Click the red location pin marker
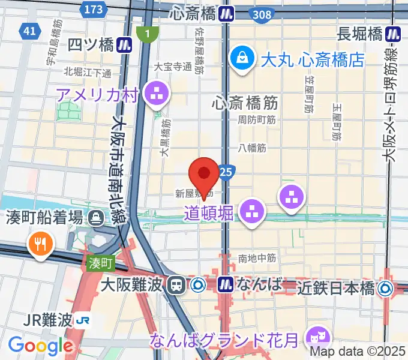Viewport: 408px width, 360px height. (203, 176)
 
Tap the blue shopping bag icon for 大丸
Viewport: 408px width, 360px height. (243, 59)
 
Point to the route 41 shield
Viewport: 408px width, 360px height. (29, 29)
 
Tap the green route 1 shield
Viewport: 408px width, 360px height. (143, 35)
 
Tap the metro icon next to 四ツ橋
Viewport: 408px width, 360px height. (124, 44)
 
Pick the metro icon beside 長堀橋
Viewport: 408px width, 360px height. (394, 34)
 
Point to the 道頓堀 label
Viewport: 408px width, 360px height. (209, 213)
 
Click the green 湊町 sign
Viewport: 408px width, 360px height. (100, 263)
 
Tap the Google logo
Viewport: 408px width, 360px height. (40, 346)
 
